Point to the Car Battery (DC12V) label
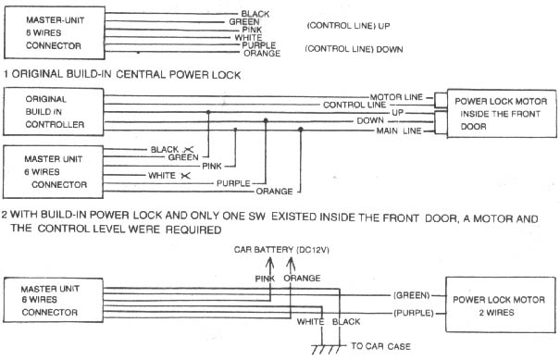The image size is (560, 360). (x=281, y=250)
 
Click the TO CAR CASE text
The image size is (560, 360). (x=380, y=346)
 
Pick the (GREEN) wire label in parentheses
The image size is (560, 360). (x=411, y=295)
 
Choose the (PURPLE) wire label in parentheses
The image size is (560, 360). (x=414, y=313)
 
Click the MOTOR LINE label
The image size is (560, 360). (x=396, y=97)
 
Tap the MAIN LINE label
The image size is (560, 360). (x=399, y=131)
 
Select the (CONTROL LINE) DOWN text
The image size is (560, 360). (x=354, y=49)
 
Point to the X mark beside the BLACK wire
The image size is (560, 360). (x=188, y=150)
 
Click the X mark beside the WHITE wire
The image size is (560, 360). (x=186, y=176)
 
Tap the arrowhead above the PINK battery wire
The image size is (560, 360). (x=269, y=263)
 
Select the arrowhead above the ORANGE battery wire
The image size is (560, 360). (x=291, y=263)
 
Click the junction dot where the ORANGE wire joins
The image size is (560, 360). (x=301, y=130)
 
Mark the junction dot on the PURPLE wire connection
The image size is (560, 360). (x=266, y=120)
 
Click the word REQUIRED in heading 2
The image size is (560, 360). (x=193, y=230)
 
